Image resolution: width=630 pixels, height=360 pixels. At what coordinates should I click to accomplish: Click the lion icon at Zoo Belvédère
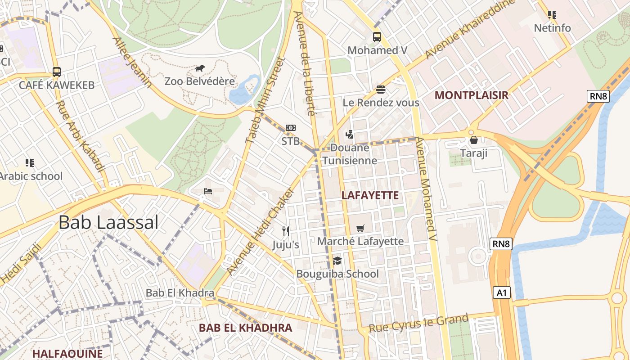[x=200, y=68]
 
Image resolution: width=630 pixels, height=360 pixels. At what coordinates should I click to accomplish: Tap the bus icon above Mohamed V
[x=377, y=37]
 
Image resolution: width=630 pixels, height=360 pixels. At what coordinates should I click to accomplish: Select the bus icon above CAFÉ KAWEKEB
[x=57, y=72]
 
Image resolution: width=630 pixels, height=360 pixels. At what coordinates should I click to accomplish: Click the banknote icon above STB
[x=291, y=128]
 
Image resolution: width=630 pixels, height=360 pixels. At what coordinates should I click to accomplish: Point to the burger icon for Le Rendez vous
[x=381, y=89]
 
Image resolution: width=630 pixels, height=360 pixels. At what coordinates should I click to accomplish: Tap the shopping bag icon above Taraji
[x=473, y=140]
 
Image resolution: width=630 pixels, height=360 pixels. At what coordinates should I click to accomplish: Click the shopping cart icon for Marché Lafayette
[x=360, y=228]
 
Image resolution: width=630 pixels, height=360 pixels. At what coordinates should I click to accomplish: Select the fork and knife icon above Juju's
[x=286, y=231]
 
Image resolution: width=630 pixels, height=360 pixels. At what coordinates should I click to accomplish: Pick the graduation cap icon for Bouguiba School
[x=337, y=261]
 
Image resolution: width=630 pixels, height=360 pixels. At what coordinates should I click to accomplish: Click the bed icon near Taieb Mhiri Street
[x=207, y=191]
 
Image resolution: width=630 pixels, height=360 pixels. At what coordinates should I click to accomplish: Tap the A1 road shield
[x=502, y=293]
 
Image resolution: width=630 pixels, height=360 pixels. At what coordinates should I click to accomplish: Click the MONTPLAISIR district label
[x=471, y=95]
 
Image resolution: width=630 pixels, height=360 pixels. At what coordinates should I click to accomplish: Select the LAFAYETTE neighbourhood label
[x=370, y=195]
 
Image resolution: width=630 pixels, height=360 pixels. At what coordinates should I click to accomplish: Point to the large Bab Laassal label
[x=108, y=222]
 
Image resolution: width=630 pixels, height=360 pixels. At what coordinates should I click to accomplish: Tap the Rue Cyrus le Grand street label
[x=418, y=324]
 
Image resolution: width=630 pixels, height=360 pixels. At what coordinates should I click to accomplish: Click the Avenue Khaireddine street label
[x=470, y=29]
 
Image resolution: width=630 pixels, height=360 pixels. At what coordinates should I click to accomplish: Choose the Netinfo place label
[x=552, y=28]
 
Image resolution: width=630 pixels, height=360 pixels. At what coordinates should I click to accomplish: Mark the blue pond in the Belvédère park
[x=244, y=90]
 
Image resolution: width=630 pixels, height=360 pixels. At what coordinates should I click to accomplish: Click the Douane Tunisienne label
[x=350, y=154]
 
